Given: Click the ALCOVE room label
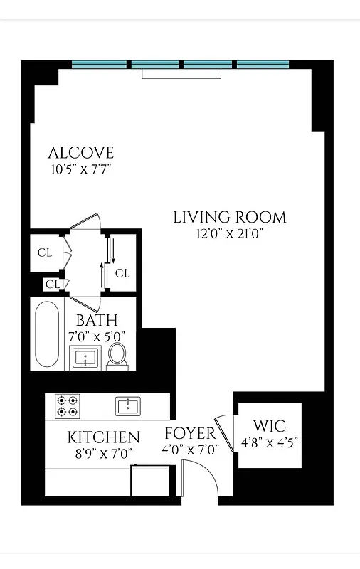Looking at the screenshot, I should tap(80, 153).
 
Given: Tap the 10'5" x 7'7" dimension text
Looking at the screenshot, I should tap(80, 169).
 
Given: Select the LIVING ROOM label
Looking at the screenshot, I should tap(230, 217).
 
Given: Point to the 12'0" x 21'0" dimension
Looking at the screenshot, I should tap(230, 233).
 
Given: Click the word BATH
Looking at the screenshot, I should tap(97, 321).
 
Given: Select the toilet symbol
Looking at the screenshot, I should tap(117, 356).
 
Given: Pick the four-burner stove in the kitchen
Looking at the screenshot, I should tap(67, 406).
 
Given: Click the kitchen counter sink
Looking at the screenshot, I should tap(129, 406).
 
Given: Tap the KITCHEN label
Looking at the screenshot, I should tap(103, 437).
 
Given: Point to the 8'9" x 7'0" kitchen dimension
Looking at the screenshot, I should tap(103, 452).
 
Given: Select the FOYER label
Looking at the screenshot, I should tap(189, 434).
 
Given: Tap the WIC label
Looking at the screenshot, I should tap(269, 427).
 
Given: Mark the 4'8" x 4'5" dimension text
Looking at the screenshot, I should tap(269, 442).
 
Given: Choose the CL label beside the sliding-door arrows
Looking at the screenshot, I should tap(122, 273).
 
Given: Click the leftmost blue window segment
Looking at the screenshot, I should tap(100, 64).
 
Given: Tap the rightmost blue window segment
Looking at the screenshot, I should tap(263, 64).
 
